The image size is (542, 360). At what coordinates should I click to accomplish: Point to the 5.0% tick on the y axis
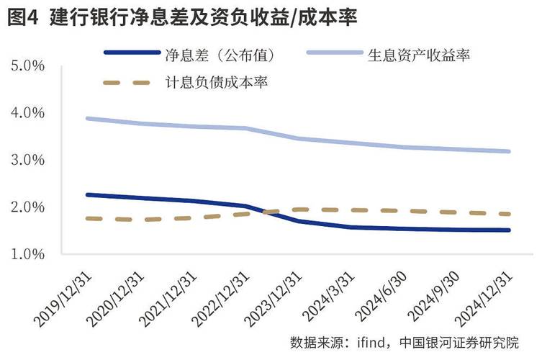(29, 66)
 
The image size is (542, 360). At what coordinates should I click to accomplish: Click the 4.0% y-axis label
(29, 113)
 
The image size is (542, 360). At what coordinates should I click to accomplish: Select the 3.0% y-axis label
(29, 160)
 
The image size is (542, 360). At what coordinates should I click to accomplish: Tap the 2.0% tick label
(29, 207)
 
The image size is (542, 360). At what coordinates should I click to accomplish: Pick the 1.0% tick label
(29, 254)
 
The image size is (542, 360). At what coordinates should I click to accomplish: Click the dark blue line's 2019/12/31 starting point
(87, 194)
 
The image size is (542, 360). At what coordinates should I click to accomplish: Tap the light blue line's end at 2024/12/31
(510, 151)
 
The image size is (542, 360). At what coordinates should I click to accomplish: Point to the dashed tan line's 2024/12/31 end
(510, 214)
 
